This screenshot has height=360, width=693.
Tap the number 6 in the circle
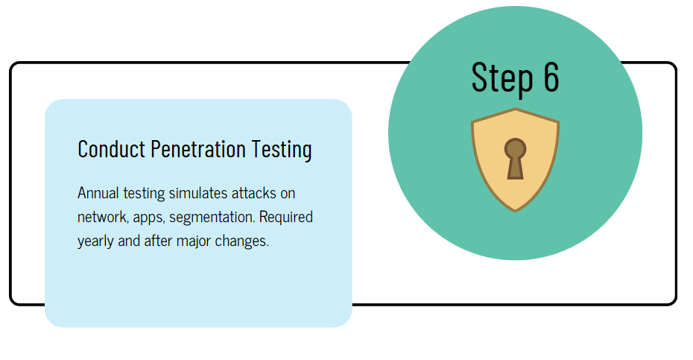click(549, 77)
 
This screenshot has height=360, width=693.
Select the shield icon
click(515, 160)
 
